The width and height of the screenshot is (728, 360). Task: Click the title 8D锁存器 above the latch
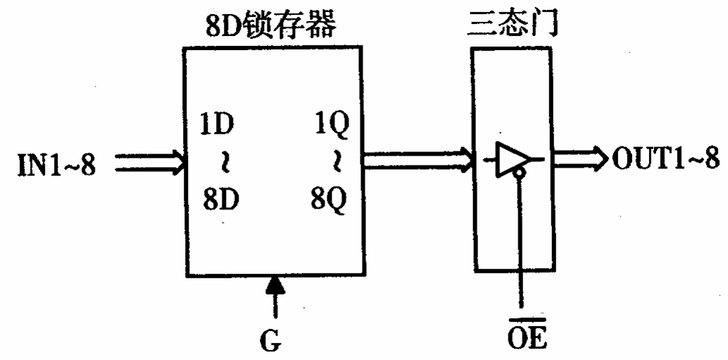pyautogui.click(x=275, y=25)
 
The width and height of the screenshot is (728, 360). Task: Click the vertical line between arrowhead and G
pyautogui.click(x=275, y=310)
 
